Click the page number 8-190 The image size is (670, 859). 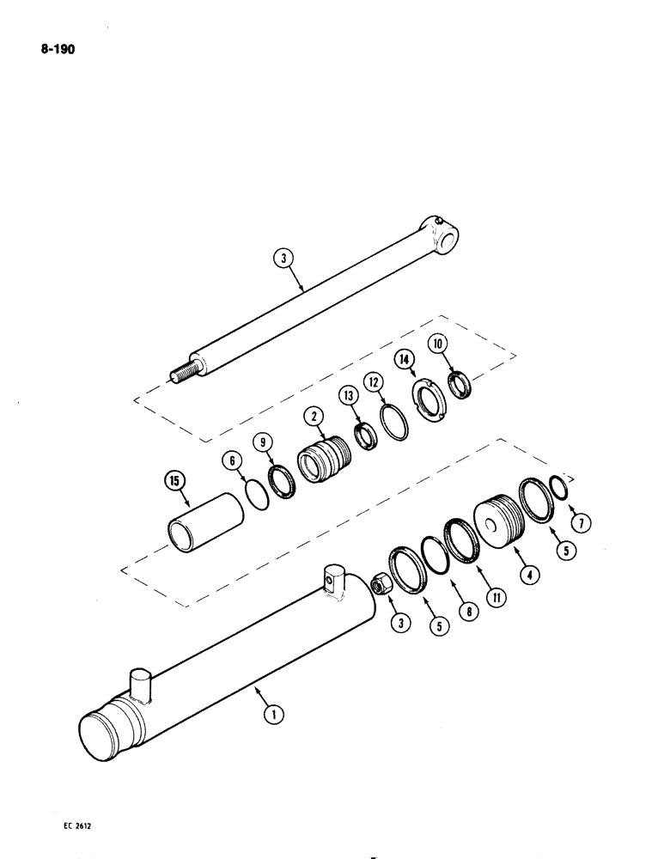point(58,51)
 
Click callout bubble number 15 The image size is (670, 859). point(174,480)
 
